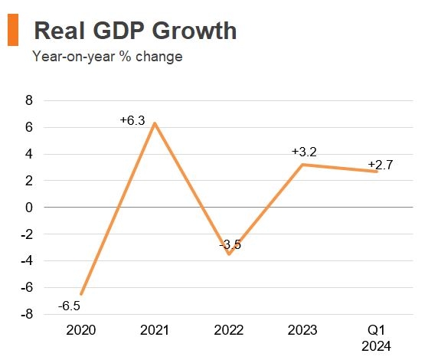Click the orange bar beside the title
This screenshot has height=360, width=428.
click(x=12, y=30)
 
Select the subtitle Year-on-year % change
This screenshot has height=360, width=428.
click(x=106, y=57)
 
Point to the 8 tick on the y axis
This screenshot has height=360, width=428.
click(x=29, y=100)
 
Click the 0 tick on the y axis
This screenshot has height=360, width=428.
click(x=29, y=208)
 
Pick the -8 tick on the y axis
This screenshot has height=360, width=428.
click(x=27, y=314)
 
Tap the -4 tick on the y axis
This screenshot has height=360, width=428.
click(x=27, y=261)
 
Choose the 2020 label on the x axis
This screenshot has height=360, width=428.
click(x=81, y=330)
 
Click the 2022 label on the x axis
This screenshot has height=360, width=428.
click(x=229, y=330)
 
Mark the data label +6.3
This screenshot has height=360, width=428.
click(x=132, y=120)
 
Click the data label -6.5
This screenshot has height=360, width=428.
click(x=70, y=306)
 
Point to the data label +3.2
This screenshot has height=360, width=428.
click(x=304, y=152)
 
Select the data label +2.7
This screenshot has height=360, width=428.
click(x=381, y=165)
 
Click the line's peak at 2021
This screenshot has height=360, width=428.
click(x=155, y=123)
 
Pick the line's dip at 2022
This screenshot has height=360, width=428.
click(x=229, y=254)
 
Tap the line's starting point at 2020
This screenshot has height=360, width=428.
click(x=81, y=294)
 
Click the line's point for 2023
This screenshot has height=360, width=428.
click(x=303, y=165)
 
